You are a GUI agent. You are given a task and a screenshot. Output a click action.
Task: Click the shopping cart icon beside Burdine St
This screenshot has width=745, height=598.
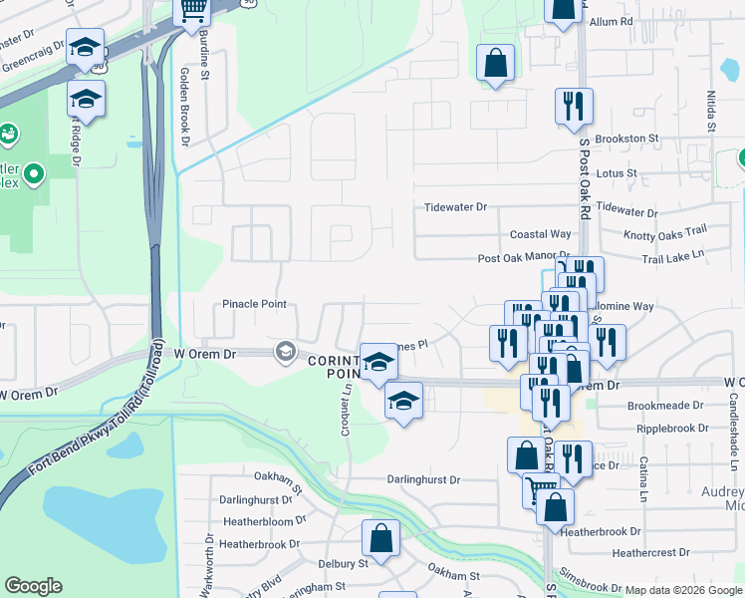pos(191,11)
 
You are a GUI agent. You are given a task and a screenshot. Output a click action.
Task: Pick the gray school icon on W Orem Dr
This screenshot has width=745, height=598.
pos(286,351)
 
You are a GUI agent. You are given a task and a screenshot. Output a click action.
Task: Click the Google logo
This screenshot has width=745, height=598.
pos(33,586)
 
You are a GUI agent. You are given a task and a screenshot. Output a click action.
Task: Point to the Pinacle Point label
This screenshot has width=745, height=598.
pos(254,304)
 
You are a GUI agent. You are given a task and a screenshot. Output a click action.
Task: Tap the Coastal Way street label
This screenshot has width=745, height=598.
pos(540,234)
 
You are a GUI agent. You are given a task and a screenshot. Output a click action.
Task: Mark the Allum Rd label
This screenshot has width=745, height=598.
pos(612,21)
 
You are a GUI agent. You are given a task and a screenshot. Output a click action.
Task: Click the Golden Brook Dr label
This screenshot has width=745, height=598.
pos(184,108)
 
